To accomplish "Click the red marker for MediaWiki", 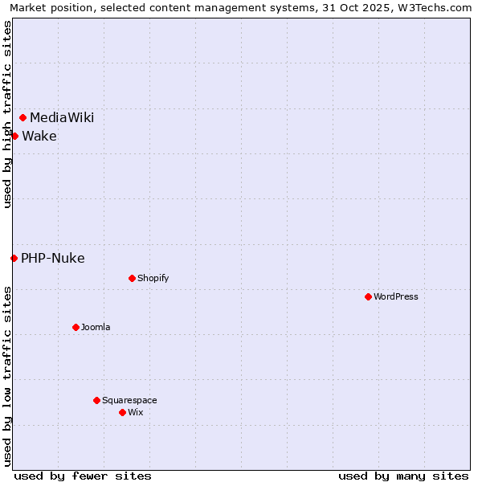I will [x=23, y=118].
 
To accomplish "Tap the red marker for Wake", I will [x=14, y=136].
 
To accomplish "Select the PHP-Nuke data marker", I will [x=14, y=258].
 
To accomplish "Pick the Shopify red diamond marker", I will [x=132, y=278].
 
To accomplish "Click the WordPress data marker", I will [x=368, y=296].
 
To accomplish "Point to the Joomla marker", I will [x=76, y=327].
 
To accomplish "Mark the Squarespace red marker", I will [x=96, y=400].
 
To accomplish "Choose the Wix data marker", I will [x=122, y=412].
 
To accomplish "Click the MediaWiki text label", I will [x=62, y=118].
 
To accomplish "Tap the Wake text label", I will [x=39, y=136].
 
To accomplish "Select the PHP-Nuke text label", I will [x=53, y=258].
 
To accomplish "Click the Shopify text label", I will [x=153, y=278].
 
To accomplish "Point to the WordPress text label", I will [x=396, y=296].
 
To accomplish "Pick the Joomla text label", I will [x=96, y=327].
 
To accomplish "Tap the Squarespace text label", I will [x=129, y=400].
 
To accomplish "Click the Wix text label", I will [x=136, y=412].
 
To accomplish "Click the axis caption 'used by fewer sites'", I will [x=83, y=476].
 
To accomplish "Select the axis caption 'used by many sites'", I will [x=403, y=476].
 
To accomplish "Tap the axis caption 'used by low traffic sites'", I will [x=7, y=376].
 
